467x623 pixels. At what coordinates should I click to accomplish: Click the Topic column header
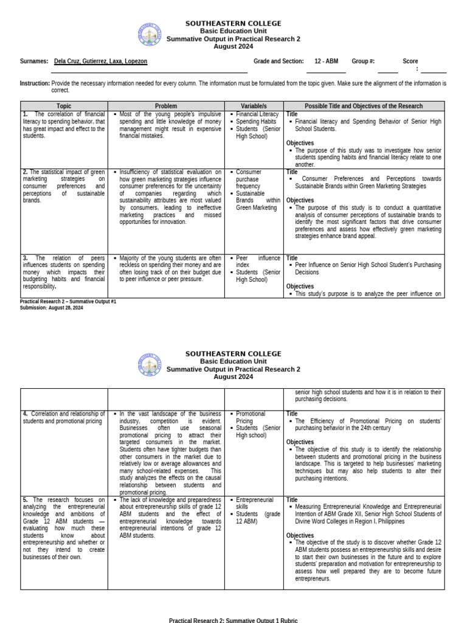click(64, 106)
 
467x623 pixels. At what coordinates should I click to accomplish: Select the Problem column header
click(166, 106)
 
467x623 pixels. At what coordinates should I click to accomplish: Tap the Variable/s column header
click(254, 106)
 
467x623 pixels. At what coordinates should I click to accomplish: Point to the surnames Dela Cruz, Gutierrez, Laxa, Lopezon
click(100, 61)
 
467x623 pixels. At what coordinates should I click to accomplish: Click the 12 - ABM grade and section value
click(327, 61)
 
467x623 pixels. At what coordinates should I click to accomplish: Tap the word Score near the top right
click(410, 61)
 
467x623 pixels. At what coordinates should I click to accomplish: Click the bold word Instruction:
click(35, 83)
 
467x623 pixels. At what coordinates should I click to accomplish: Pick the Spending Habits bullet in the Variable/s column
click(255, 122)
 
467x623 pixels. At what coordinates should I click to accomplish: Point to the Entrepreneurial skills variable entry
click(255, 503)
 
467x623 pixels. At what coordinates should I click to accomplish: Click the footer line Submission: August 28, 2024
click(51, 308)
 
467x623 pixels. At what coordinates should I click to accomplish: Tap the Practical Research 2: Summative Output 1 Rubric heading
click(233, 620)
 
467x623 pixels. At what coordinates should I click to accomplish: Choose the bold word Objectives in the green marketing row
click(300, 200)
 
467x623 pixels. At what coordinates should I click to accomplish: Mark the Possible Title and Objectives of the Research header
click(364, 106)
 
